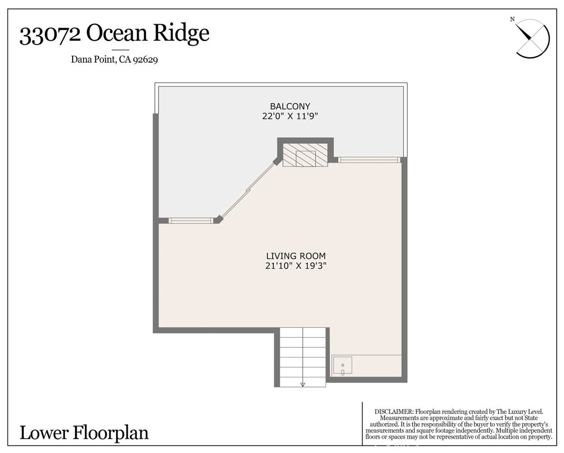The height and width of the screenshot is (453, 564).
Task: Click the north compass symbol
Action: [x=533, y=38]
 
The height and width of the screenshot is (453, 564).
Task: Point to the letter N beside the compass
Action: [x=512, y=20]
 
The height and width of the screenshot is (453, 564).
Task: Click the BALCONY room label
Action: [x=290, y=106]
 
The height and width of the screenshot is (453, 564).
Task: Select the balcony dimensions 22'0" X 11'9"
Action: [x=290, y=116]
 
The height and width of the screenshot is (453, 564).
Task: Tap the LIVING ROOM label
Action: [x=296, y=256]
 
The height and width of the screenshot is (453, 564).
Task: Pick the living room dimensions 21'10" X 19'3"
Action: [x=296, y=266]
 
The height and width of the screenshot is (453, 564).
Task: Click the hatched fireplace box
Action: [x=305, y=155]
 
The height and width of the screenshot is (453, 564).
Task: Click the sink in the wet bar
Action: [x=343, y=365]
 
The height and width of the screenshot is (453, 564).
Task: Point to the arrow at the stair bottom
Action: [x=302, y=384]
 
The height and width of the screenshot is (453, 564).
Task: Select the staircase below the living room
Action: [x=302, y=355]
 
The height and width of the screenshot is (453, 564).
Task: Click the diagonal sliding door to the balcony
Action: [x=248, y=190]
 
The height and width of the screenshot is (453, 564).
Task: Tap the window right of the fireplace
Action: [x=368, y=160]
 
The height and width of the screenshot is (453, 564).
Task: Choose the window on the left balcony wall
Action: [x=191, y=220]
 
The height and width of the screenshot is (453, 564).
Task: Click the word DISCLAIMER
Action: [x=393, y=412]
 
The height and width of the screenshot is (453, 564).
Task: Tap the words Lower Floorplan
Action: [x=84, y=433]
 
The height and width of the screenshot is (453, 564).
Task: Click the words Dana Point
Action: [x=93, y=60]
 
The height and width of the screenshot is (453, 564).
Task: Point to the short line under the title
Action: [x=120, y=50]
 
